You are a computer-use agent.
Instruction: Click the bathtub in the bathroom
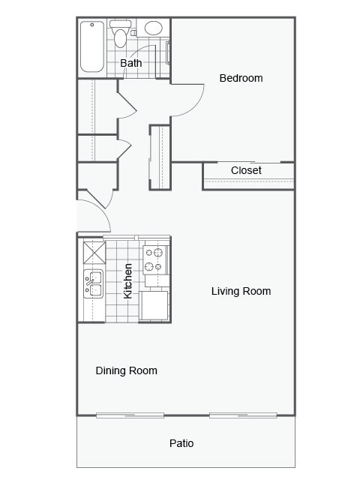tap(92, 46)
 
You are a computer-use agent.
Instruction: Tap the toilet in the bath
tap(121, 34)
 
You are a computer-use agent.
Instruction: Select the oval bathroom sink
tap(153, 29)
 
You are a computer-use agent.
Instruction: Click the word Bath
tap(131, 63)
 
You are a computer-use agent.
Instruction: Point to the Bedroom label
tap(241, 78)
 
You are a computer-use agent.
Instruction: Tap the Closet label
tap(246, 170)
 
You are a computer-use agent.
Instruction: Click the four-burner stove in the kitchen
tap(154, 260)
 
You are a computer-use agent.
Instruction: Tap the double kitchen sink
tap(93, 283)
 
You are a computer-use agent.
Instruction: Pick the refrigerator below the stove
tap(156, 305)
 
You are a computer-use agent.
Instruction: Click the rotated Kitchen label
tap(128, 280)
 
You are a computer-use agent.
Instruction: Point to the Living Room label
tap(241, 291)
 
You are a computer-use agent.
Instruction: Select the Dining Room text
tap(126, 370)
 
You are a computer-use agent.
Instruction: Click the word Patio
tap(181, 443)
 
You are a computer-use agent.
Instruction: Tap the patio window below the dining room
tap(130, 415)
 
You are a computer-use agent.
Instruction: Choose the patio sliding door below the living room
tap(243, 415)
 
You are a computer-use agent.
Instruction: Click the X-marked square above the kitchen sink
tap(94, 250)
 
